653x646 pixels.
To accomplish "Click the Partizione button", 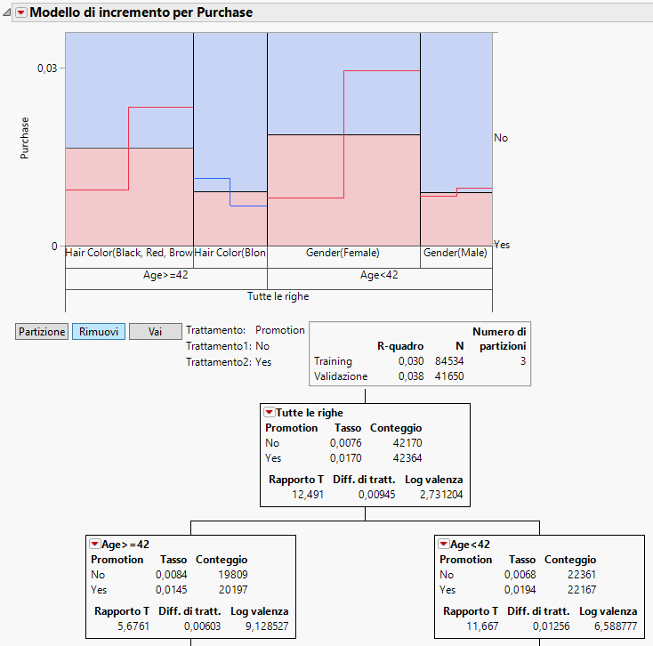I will click(x=42, y=331).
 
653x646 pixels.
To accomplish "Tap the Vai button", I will click(x=155, y=331).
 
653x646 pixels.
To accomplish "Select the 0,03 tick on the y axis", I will click(x=46, y=69).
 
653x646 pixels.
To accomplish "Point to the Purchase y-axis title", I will click(x=25, y=138).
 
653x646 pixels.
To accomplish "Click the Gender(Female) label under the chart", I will click(x=343, y=254).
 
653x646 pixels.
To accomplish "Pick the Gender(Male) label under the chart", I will click(x=455, y=254).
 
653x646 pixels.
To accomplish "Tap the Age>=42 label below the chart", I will click(x=165, y=275).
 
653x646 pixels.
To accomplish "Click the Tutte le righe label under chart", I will click(x=278, y=296).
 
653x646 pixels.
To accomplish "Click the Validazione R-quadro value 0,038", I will click(x=407, y=376).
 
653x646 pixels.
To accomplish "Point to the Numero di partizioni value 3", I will click(x=522, y=361).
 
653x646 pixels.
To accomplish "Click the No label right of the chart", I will click(x=501, y=138).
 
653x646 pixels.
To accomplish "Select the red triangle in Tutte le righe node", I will click(x=269, y=413).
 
